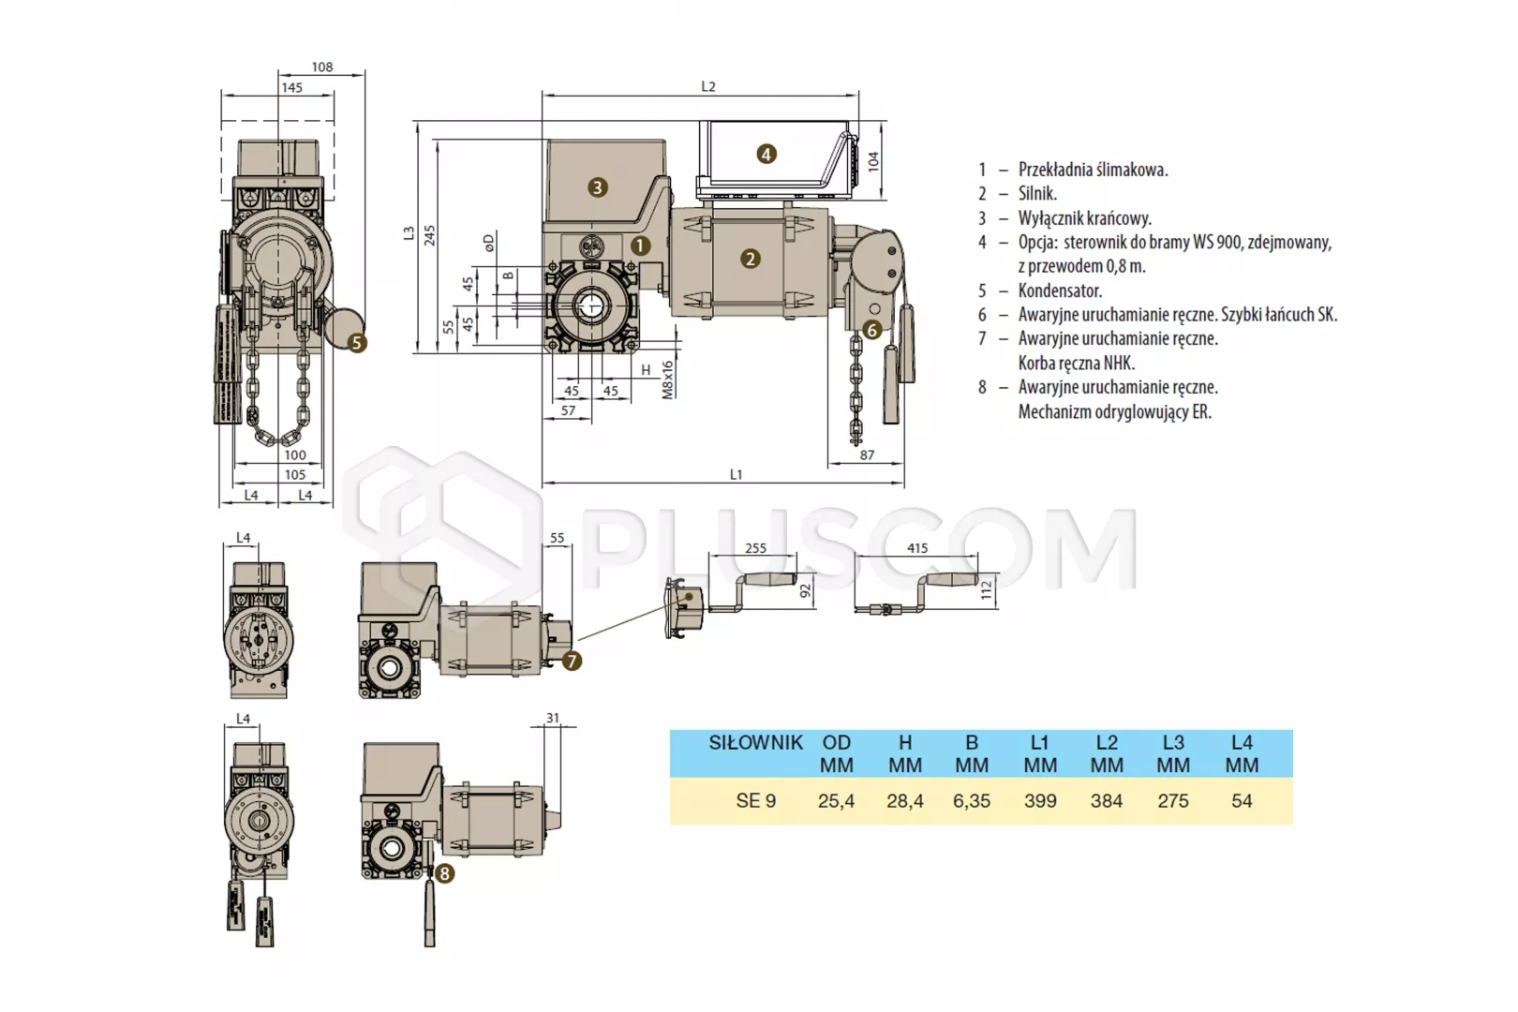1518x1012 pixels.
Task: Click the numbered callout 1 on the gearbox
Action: pos(640,246)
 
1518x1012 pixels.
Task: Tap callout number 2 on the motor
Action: pos(750,259)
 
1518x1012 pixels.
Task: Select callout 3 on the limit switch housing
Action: pos(597,187)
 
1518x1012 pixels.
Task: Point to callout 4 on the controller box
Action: pos(766,155)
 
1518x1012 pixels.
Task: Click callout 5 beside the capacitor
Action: pos(357,343)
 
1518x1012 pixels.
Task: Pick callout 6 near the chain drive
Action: pos(871,330)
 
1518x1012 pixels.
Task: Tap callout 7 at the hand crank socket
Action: pos(572,661)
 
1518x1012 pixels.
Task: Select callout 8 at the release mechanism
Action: pos(444,873)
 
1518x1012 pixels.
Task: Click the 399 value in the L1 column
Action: pos(1040,801)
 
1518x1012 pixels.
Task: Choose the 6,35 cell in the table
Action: pos(972,801)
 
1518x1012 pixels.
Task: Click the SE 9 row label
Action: pos(755,801)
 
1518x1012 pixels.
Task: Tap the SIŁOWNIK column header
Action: pos(755,743)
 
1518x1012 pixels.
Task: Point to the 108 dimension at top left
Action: pos(322,67)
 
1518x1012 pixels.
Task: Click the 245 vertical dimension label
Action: pos(429,235)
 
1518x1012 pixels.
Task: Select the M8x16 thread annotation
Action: pos(667,379)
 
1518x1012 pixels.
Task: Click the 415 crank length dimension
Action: pos(917,547)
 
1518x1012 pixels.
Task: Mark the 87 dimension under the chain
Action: pos(867,455)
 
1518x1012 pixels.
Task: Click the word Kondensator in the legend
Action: pos(1061,290)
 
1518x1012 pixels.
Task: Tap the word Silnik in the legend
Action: pos(1037,194)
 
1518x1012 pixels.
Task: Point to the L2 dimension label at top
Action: pos(708,87)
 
